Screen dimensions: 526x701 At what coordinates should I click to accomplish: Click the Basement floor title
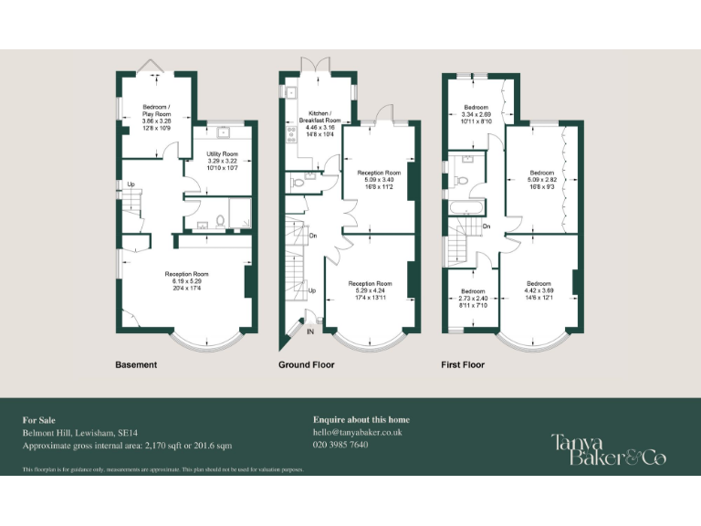coord(136,365)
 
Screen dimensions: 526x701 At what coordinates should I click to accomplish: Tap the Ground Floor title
coord(306,365)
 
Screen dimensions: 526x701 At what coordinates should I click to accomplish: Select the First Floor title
coord(463,365)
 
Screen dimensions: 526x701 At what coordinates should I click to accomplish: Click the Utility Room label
coord(222,154)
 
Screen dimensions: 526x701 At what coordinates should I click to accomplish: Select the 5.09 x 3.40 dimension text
coord(379,180)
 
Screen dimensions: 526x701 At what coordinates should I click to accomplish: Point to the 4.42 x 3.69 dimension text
coord(539,291)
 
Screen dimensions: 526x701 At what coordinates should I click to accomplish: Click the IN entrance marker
coord(309,331)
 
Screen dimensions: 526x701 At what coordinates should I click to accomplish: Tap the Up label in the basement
coord(131,184)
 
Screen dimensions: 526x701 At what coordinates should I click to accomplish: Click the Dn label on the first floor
coord(487,226)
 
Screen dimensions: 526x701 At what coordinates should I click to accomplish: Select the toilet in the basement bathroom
coord(221,220)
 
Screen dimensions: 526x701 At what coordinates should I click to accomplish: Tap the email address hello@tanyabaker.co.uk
coord(357,432)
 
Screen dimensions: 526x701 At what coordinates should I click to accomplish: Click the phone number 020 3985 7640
coord(340,445)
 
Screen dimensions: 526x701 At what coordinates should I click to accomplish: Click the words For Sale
coord(38,420)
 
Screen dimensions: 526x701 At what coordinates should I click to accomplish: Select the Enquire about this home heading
coord(361,420)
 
